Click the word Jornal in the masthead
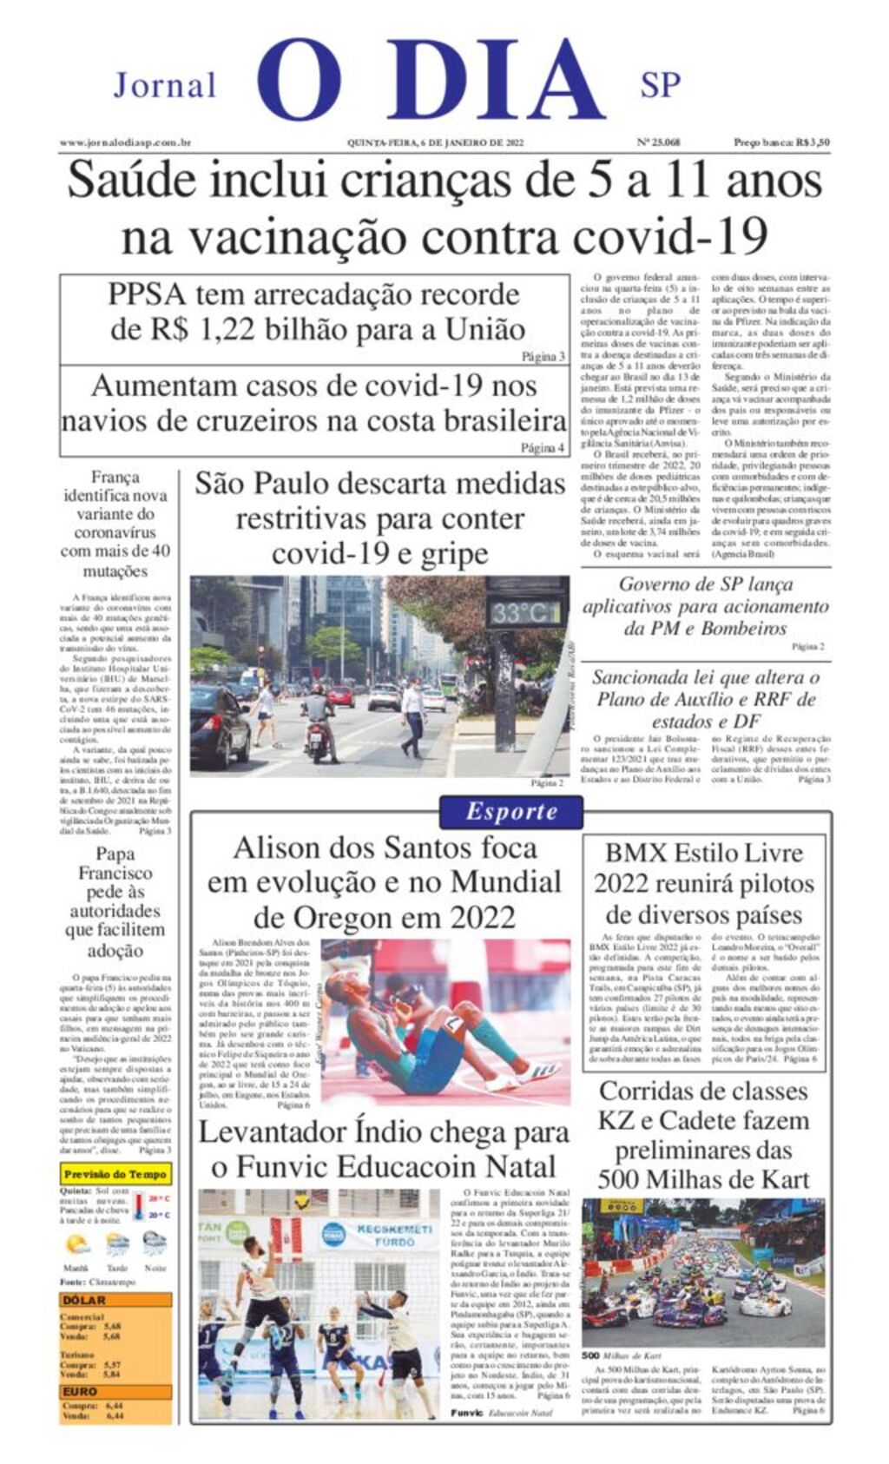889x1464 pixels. pos(164,85)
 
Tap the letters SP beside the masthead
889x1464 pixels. pos(660,84)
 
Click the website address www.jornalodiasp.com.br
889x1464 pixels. pos(125,142)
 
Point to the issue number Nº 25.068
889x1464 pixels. pos(658,142)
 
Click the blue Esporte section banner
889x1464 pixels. pos(510,812)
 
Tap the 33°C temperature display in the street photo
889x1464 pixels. pos(525,612)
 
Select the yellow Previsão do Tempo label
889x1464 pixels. pos(115,1174)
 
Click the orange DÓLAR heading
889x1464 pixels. pos(84,1300)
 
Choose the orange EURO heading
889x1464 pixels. pos(80,1391)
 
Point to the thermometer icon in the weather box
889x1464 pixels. pos(139,1207)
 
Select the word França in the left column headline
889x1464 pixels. pos(115,477)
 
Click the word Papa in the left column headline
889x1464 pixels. pos(115,854)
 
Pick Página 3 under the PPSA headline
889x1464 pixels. pos(543,356)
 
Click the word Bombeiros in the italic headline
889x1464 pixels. pos(743,628)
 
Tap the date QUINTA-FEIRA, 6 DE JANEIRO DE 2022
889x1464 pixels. pos(435,142)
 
